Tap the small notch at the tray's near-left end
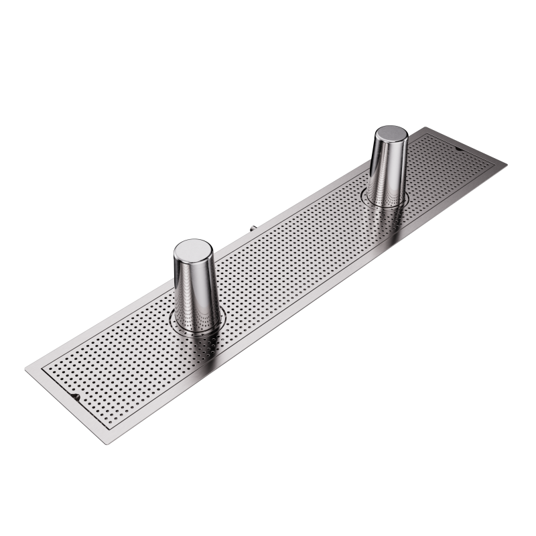click(77, 397)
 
